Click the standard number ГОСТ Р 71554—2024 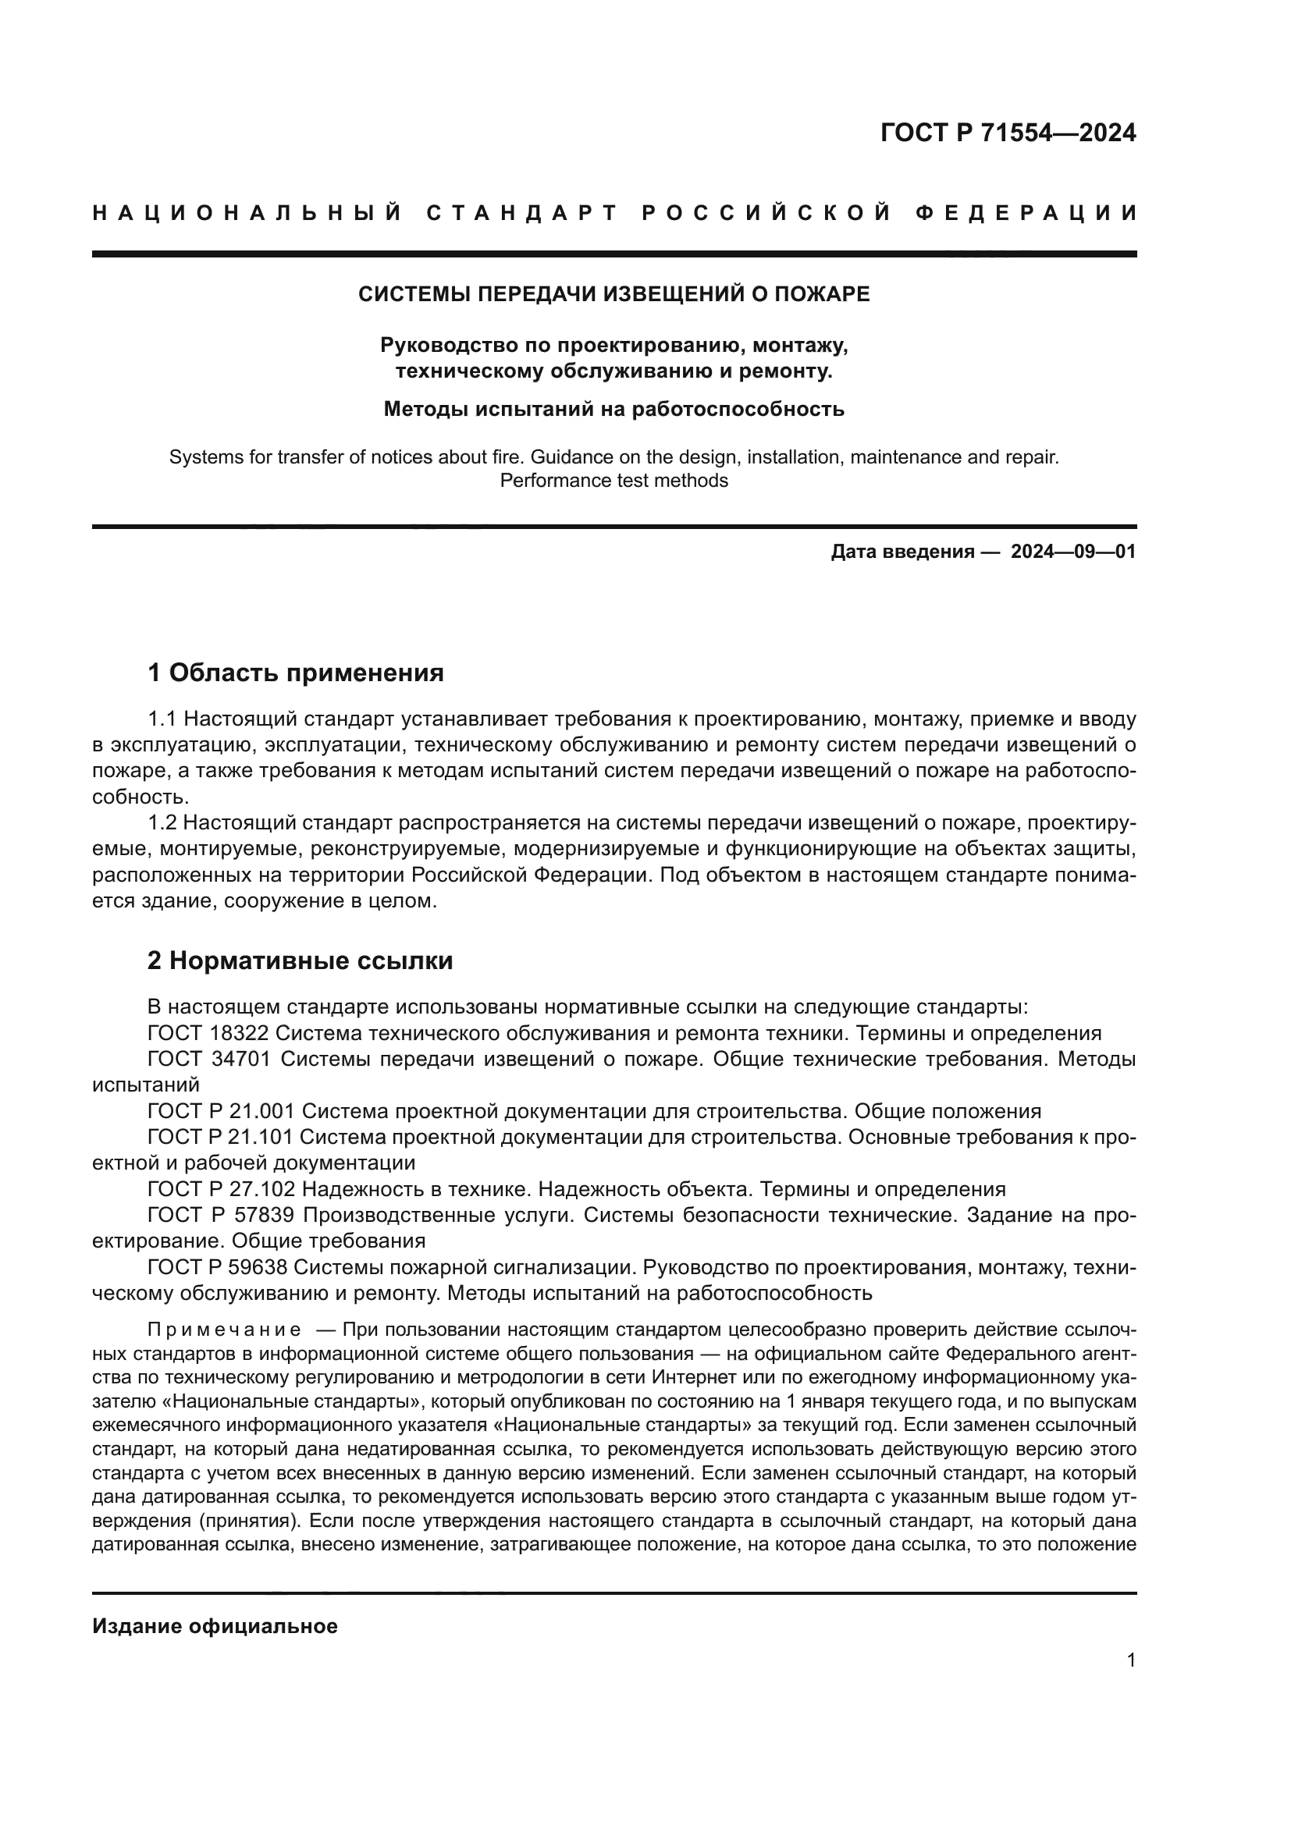(x=1008, y=133)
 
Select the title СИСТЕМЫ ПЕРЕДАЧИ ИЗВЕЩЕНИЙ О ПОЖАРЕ (x=613, y=294)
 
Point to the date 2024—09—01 (x=1073, y=552)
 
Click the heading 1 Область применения (x=296, y=673)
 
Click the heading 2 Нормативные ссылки (x=301, y=961)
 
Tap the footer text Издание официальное (x=215, y=1626)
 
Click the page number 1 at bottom (x=1131, y=1660)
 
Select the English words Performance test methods (x=613, y=481)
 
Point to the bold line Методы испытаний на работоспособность (x=613, y=410)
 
